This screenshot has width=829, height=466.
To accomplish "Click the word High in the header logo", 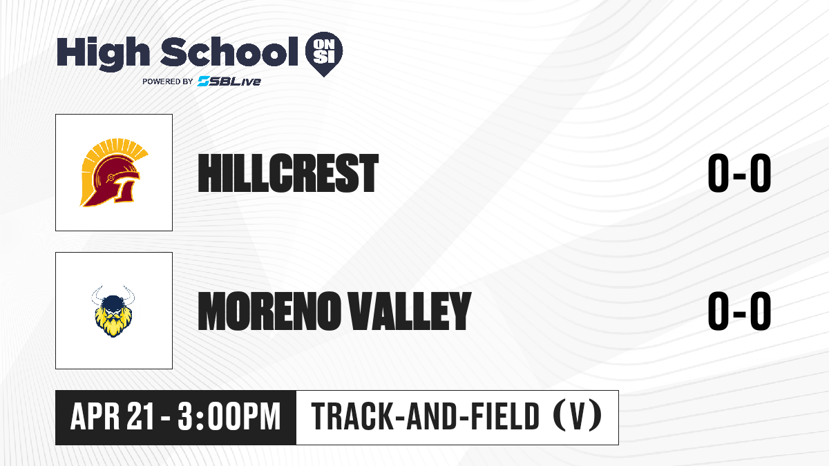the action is click(x=103, y=53).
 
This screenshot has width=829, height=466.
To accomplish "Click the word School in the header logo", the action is click(x=229, y=51).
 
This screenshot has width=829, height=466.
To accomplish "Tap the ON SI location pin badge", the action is click(x=324, y=54).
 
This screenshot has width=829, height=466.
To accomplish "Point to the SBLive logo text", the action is click(x=229, y=81).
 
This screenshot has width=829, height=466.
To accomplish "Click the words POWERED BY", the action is click(x=168, y=81).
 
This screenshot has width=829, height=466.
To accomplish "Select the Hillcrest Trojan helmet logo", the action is click(x=114, y=173).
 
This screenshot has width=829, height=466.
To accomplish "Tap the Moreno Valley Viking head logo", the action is click(x=113, y=311).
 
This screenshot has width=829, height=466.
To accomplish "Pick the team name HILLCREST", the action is click(x=288, y=173).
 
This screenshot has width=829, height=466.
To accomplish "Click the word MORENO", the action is click(x=269, y=311).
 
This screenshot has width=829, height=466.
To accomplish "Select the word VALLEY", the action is click(x=410, y=311).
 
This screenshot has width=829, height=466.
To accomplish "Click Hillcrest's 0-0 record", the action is click(x=739, y=173).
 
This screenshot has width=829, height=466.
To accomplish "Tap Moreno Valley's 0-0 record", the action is click(x=739, y=311).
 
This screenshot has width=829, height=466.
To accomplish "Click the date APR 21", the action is click(x=112, y=416).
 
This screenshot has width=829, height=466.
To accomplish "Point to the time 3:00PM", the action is click(x=229, y=416).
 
